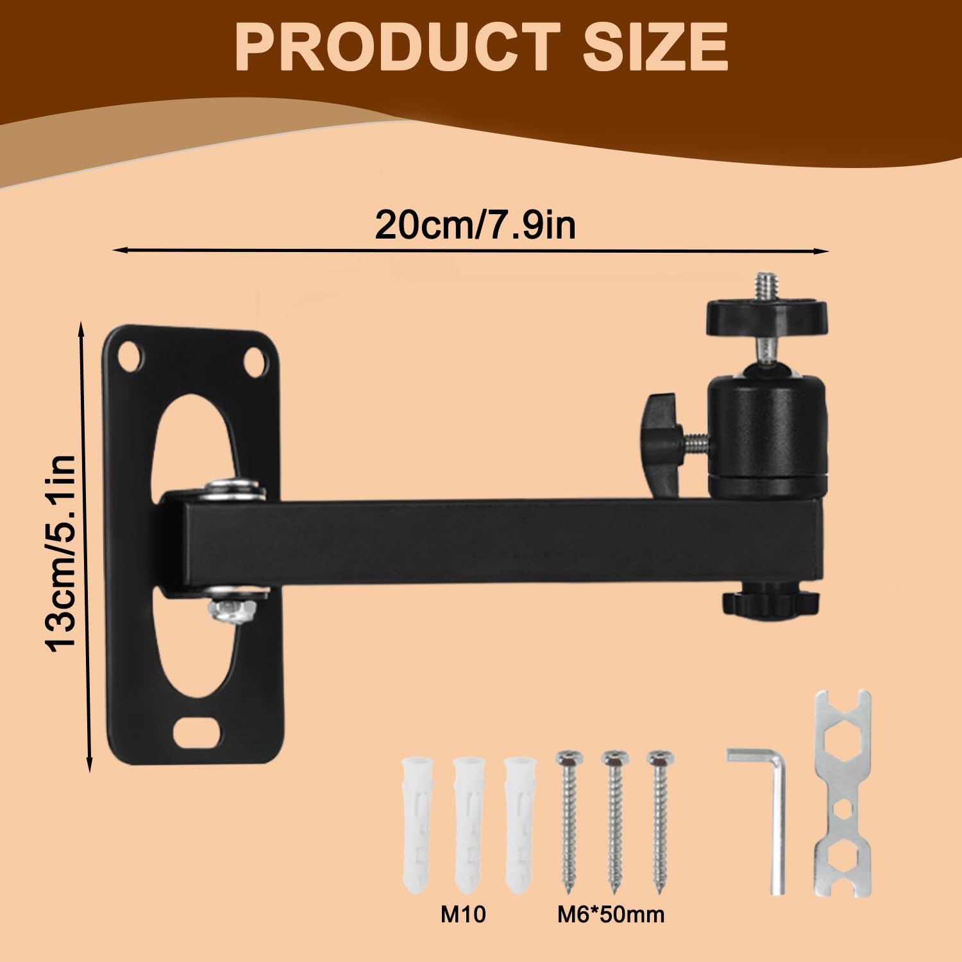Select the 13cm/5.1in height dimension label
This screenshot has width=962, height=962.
tap(62, 553)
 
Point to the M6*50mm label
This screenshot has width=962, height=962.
tap(609, 914)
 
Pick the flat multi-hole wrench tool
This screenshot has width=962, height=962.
tap(842, 793)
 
